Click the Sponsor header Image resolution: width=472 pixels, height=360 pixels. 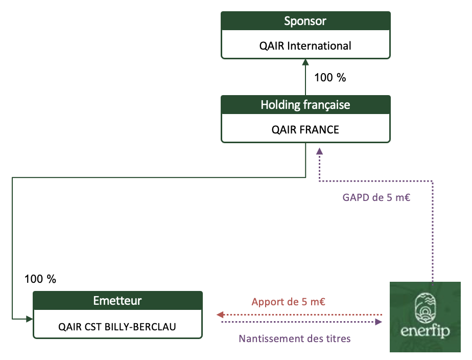(x=305, y=21)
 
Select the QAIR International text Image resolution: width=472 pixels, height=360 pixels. (x=305, y=46)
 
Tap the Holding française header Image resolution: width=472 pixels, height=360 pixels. (x=305, y=105)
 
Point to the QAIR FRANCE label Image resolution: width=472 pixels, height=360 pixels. (x=305, y=129)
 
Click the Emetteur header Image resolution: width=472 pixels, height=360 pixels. (x=117, y=301)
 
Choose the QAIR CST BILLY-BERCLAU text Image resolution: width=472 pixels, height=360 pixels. (x=117, y=327)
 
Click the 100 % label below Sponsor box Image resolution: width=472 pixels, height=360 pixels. (x=330, y=78)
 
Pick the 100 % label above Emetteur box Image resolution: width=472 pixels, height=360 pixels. (x=40, y=279)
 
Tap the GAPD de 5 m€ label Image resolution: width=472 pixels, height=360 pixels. (x=376, y=197)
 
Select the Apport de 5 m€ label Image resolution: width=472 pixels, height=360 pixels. (x=289, y=302)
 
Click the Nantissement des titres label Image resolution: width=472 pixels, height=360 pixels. (x=295, y=339)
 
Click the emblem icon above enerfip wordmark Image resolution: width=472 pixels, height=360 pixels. (x=425, y=308)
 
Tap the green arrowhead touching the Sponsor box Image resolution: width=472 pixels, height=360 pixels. (x=305, y=62)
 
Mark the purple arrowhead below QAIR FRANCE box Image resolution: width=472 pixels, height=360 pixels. (x=319, y=151)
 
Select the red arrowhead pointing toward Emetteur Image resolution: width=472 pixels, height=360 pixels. (x=220, y=315)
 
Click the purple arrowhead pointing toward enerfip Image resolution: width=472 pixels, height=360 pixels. (x=379, y=322)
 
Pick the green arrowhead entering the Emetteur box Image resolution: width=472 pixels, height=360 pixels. (x=30, y=319)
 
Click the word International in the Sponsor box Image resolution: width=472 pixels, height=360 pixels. (x=319, y=46)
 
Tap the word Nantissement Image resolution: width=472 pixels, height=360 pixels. (x=267, y=339)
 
